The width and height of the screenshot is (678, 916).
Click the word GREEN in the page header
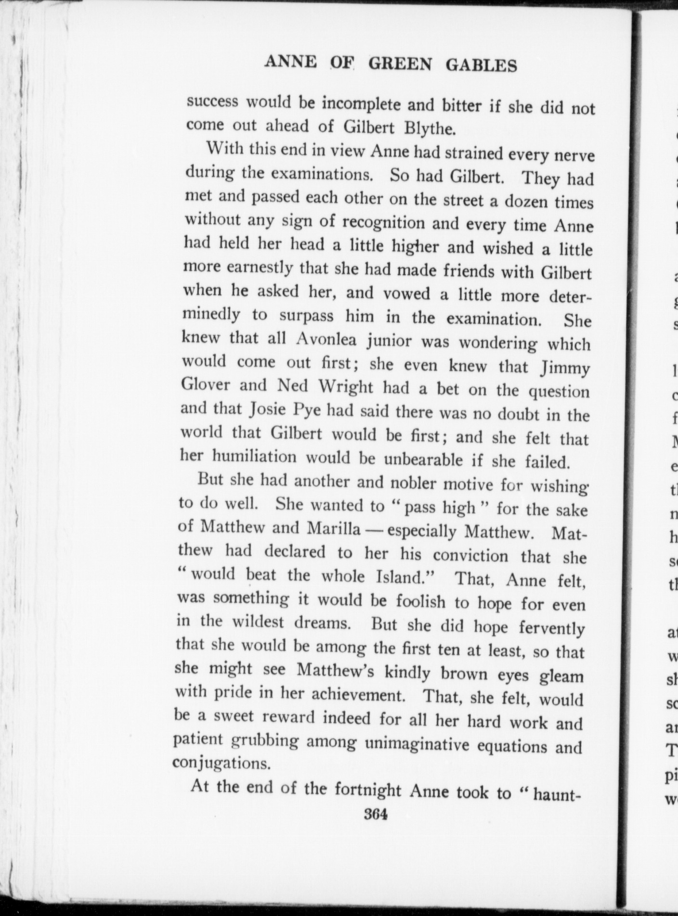400,64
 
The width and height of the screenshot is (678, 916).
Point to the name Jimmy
565,369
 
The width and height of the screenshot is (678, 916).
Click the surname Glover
206,385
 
